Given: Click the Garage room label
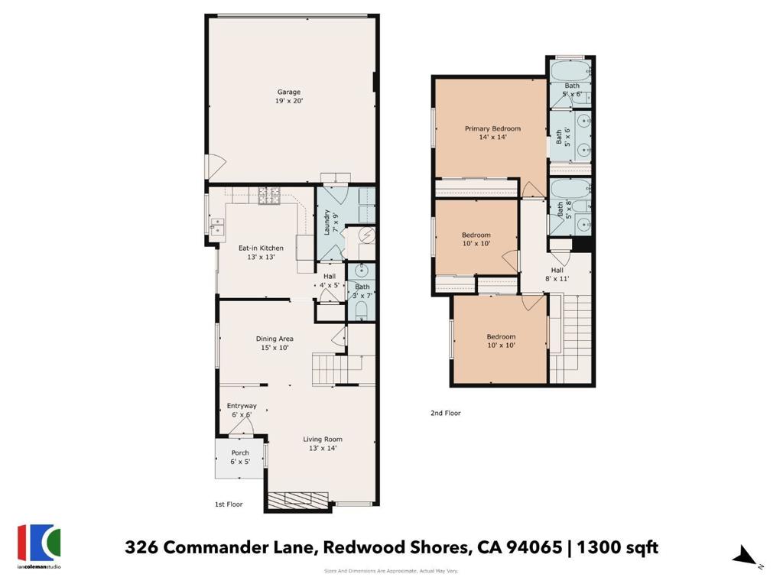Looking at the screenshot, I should [x=289, y=96].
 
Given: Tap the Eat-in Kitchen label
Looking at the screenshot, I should [x=261, y=252].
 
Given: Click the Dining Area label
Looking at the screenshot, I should [x=275, y=343].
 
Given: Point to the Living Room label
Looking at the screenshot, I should [x=322, y=443].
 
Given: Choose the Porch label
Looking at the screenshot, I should [x=240, y=457].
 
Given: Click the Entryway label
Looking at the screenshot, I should [x=242, y=410].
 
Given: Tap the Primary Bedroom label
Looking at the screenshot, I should [x=492, y=133].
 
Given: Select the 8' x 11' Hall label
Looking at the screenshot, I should [x=557, y=274].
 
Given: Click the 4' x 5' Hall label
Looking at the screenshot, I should [x=329, y=281].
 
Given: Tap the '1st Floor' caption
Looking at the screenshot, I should [x=229, y=504].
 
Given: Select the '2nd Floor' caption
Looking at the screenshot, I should [x=446, y=413].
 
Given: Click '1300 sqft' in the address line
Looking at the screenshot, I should [x=617, y=547].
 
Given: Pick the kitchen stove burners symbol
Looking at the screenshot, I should [x=268, y=198].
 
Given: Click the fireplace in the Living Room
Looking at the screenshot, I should [x=299, y=501].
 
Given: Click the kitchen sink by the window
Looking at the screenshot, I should [x=216, y=225].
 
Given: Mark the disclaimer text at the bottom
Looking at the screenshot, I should [x=391, y=571].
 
